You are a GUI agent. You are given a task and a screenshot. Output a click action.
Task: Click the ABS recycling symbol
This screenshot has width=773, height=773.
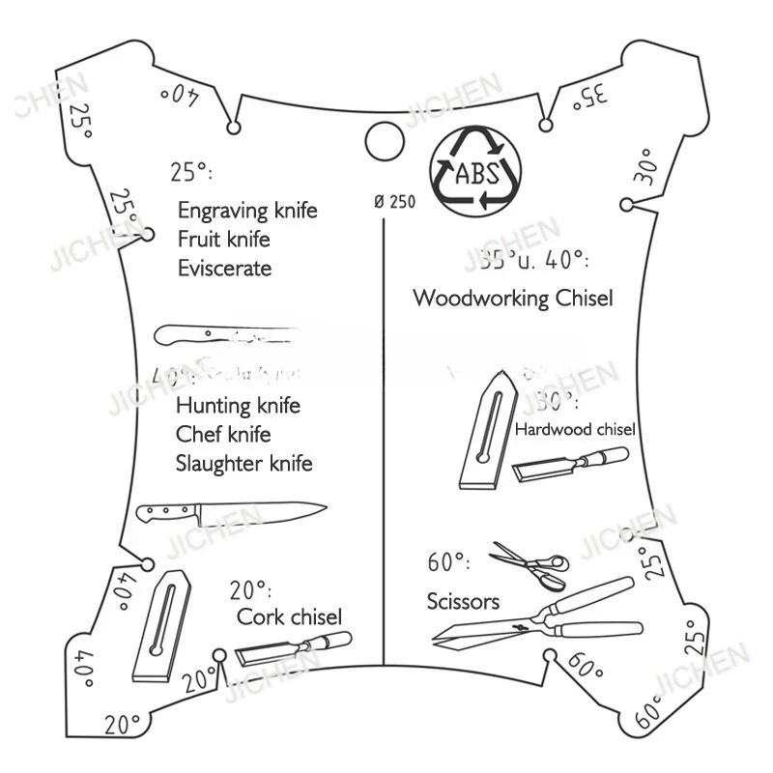point(472,171)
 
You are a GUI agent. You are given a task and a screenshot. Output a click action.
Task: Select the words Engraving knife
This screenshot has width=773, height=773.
point(247,211)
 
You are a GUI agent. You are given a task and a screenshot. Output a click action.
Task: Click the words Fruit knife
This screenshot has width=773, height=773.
point(223,239)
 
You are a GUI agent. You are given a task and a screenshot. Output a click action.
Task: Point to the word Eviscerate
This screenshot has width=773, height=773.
point(224,268)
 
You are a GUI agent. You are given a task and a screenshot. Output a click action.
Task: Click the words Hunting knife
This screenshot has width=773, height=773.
point(238,405)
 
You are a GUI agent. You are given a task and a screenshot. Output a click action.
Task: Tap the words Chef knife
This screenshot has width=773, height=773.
point(222,434)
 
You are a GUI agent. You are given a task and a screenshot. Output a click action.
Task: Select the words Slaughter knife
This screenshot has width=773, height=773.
point(244,464)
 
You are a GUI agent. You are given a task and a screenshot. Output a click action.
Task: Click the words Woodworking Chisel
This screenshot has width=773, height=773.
point(512,298)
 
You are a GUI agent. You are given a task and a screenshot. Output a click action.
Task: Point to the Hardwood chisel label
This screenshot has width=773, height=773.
point(575,429)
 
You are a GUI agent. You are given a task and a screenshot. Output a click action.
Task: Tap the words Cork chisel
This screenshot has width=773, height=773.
point(289,616)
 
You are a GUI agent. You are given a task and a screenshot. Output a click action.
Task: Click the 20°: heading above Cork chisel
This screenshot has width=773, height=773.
point(250,589)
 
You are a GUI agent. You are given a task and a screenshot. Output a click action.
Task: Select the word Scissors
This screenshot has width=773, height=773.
point(463,602)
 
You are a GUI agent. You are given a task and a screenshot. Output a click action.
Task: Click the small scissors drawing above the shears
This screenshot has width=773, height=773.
point(529,564)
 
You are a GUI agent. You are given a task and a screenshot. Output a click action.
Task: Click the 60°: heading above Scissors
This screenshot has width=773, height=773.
point(448,562)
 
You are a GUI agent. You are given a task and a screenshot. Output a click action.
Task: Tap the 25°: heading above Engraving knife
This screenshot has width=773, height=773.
point(191,173)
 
